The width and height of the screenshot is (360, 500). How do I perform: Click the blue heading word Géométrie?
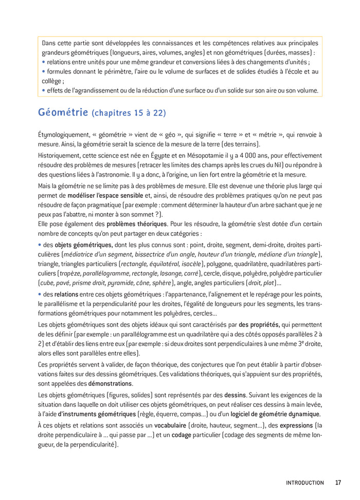63,112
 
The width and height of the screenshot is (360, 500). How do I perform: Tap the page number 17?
338,483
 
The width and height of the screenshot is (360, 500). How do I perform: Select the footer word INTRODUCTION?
305,483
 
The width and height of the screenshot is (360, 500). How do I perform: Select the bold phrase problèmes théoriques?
137,224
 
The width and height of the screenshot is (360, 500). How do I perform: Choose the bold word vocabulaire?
165,425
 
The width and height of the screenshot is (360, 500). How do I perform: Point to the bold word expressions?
293,425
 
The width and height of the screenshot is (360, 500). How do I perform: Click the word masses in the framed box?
300,52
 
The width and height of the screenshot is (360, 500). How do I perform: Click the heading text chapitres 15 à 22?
129,113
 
